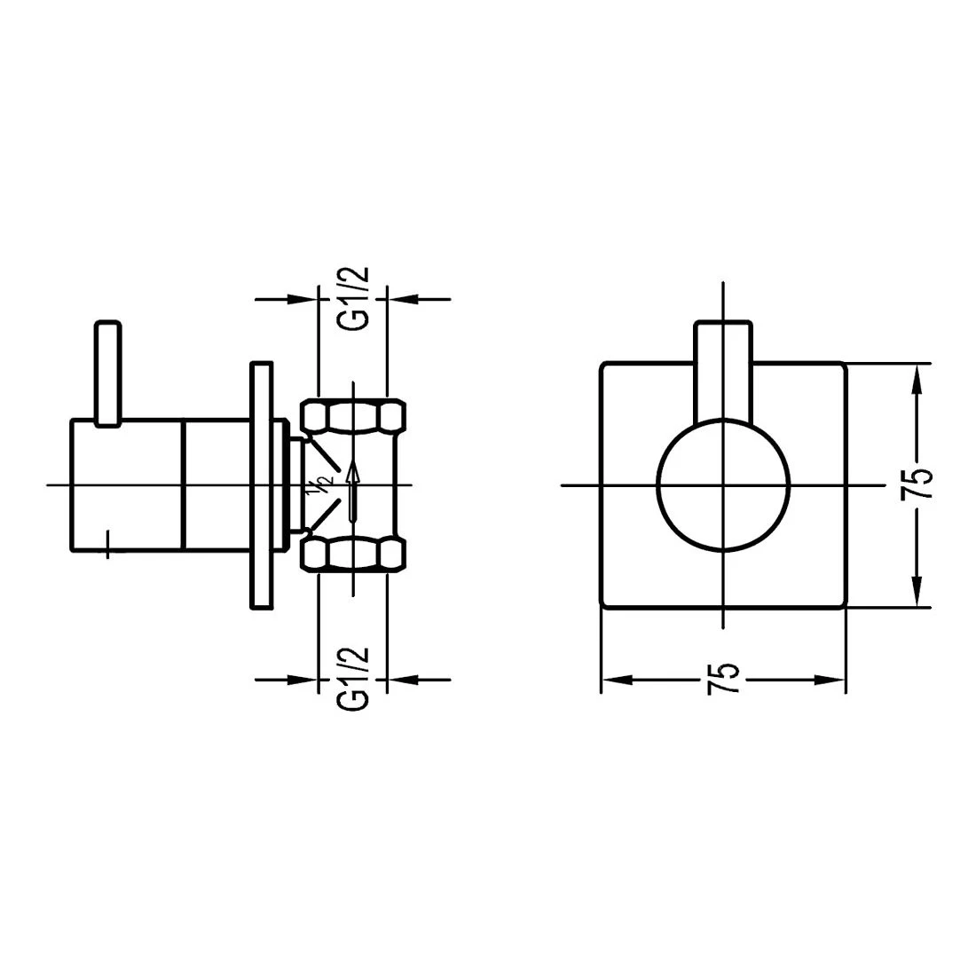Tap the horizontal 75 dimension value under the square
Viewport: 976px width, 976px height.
(723, 681)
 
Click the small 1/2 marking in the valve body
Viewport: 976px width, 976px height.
(319, 486)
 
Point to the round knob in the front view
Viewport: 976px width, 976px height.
(723, 484)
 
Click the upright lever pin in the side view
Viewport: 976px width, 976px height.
(107, 373)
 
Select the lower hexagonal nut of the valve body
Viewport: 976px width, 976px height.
(352, 554)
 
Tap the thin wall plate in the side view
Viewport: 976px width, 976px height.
(260, 484)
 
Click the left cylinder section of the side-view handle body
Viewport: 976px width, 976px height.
(127, 484)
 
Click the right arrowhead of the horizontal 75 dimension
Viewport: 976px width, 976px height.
(829, 681)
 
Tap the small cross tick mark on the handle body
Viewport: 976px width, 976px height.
(107, 542)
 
